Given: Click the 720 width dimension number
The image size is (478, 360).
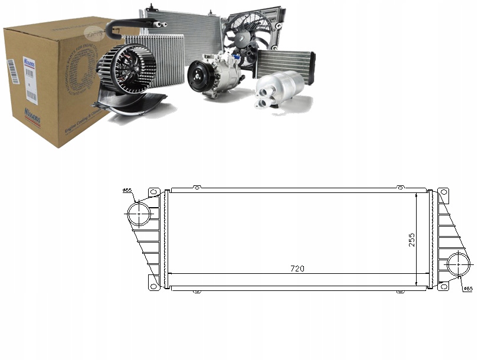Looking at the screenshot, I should point(297,269).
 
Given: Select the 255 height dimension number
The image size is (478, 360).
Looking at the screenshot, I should point(412,239).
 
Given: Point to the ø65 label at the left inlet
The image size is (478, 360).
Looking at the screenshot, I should point(127,190).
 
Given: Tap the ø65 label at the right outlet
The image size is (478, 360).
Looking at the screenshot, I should point(466,289).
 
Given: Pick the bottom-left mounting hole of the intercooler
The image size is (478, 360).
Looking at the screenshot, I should point(154,286).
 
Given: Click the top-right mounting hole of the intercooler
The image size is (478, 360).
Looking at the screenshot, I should point(443,192).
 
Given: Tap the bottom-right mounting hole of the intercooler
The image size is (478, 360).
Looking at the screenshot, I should point(443,286).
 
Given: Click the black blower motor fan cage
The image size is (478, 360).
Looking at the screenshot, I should point(126,69).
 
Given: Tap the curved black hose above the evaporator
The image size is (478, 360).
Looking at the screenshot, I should point(133,24).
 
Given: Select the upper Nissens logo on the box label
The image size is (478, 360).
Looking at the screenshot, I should point(30,62).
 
